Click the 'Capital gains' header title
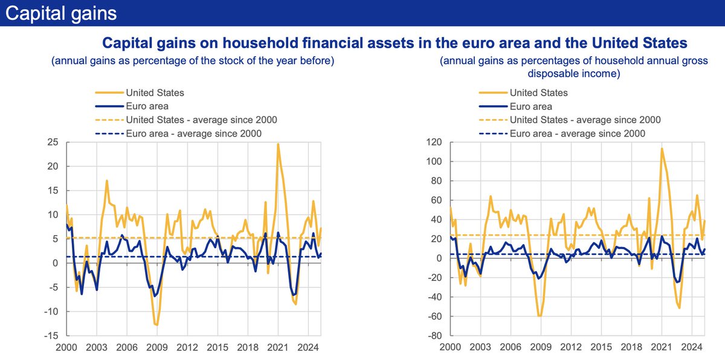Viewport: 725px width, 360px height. pyautogui.click(x=61, y=12)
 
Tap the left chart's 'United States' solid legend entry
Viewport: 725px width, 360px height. pyautogui.click(x=155, y=93)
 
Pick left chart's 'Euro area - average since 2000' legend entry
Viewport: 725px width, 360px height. pyautogui.click(x=193, y=133)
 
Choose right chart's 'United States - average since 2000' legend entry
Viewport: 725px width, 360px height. pyautogui.click(x=585, y=120)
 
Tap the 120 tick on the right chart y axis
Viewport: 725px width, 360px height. pyautogui.click(x=433, y=143)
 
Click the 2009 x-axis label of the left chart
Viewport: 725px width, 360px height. pyautogui.click(x=156, y=348)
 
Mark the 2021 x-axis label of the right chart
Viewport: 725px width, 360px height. pyautogui.click(x=661, y=348)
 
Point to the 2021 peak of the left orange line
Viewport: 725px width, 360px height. pyautogui.click(x=278, y=144)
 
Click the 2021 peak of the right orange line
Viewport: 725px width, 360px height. pyautogui.click(x=662, y=149)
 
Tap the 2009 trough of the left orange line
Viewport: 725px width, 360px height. pyautogui.click(x=156, y=325)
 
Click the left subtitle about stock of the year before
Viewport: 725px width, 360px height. pyautogui.click(x=193, y=61)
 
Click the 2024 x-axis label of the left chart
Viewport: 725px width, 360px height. pyautogui.click(x=309, y=348)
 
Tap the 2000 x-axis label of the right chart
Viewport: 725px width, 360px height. pyautogui.click(x=450, y=348)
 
